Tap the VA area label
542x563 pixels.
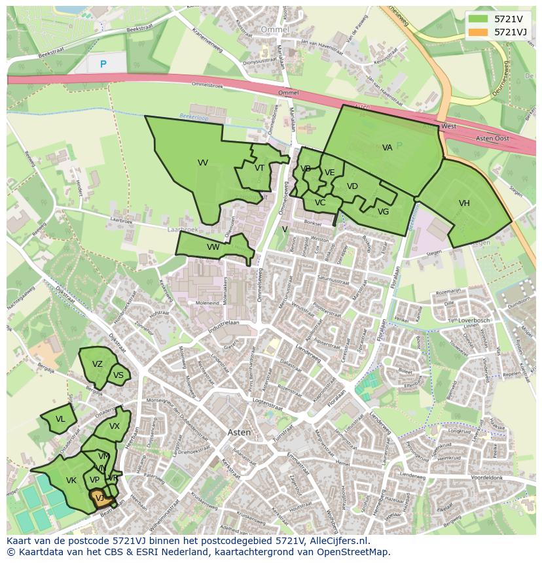pyautogui.click(x=388, y=148)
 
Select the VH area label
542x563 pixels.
pyautogui.click(x=464, y=203)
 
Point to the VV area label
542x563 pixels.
pyautogui.click(x=203, y=163)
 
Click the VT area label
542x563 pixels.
pyautogui.click(x=260, y=168)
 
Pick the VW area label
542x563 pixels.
pyautogui.click(x=213, y=247)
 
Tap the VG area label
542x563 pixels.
pyautogui.click(x=384, y=212)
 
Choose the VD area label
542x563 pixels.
pyautogui.click(x=352, y=186)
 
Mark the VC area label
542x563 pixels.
pyautogui.click(x=320, y=203)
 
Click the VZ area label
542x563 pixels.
pyautogui.click(x=98, y=364)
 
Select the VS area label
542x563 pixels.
pyautogui.click(x=118, y=375)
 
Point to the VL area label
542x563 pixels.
pyautogui.click(x=60, y=419)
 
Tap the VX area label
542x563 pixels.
pyautogui.click(x=115, y=426)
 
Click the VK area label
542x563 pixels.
pyautogui.click(x=71, y=481)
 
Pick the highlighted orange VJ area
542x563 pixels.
pyautogui.click(x=100, y=498)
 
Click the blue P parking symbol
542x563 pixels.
pyautogui.click(x=103, y=64)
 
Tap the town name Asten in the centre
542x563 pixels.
pyautogui.click(x=239, y=432)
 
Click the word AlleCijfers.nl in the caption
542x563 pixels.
pyautogui.click(x=339, y=541)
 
